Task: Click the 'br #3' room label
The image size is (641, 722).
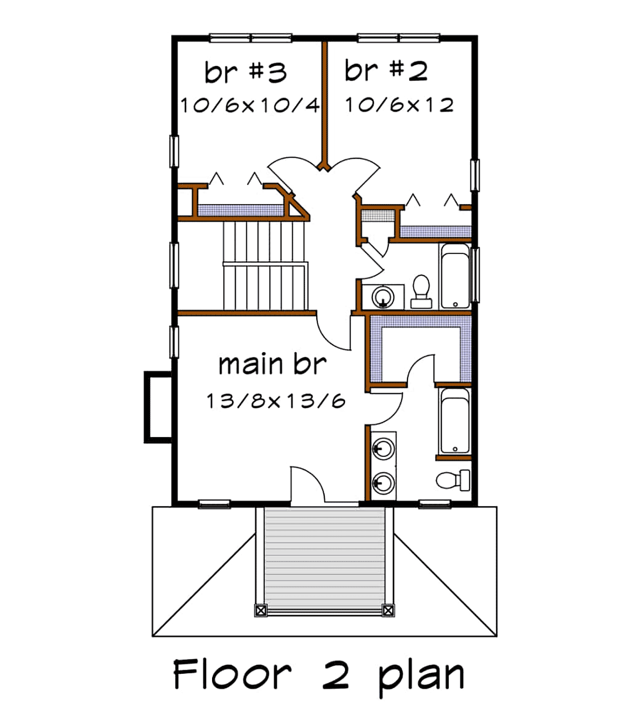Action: (246, 72)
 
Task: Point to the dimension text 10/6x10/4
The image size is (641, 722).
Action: (250, 105)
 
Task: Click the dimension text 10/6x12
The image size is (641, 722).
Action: (400, 105)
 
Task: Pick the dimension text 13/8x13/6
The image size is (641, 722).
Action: (276, 401)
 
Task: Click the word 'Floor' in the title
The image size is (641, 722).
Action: (232, 674)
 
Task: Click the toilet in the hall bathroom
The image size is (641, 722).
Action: (421, 291)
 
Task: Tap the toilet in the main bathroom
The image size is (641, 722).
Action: (453, 480)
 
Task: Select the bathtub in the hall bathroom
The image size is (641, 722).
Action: (455, 276)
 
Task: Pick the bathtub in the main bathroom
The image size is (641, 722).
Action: (455, 421)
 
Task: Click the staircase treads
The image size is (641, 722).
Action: (265, 266)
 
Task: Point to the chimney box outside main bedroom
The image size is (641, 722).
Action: (158, 407)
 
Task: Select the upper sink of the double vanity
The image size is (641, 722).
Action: (383, 449)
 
